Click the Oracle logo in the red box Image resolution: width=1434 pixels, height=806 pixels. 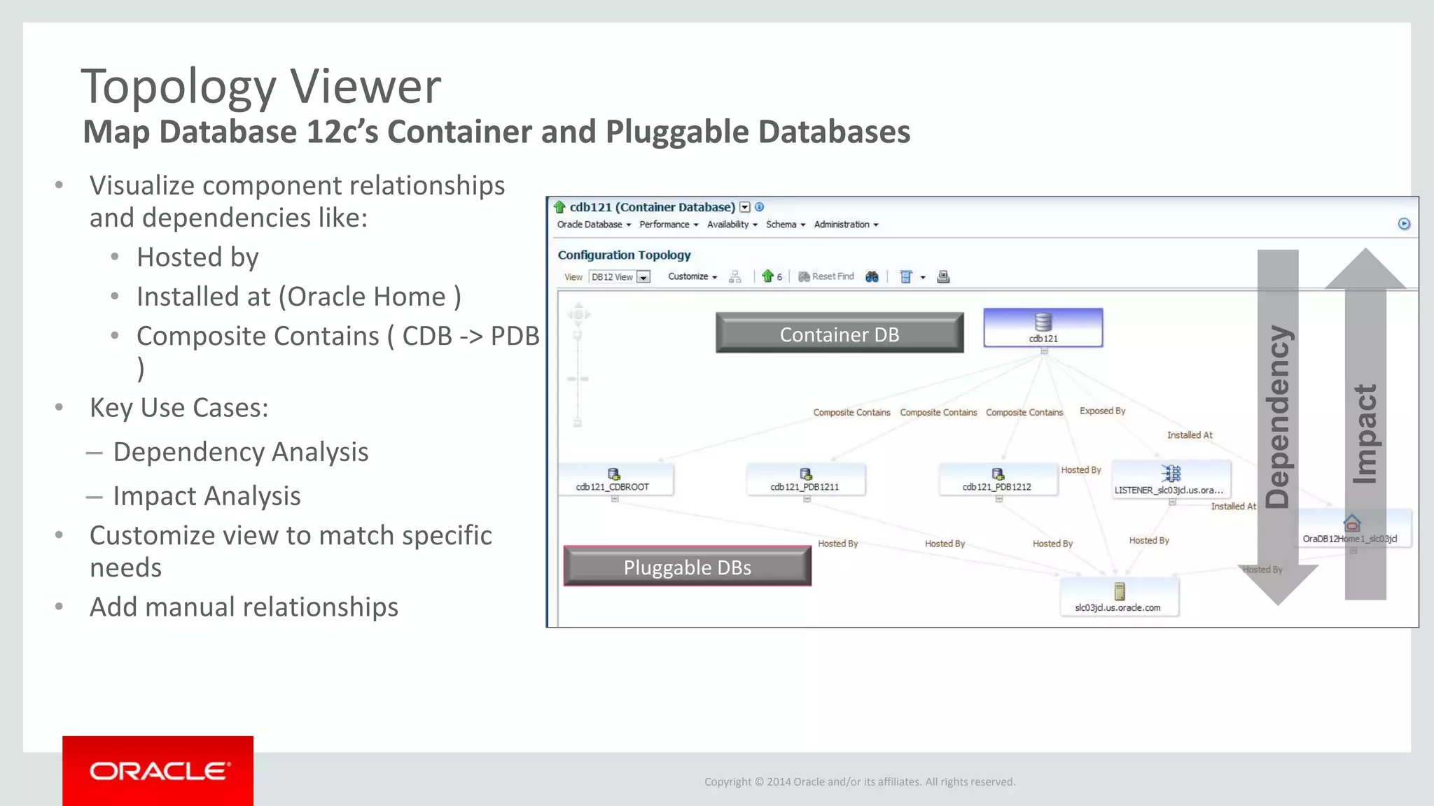(x=158, y=771)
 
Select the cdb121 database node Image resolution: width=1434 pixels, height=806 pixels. (x=1043, y=327)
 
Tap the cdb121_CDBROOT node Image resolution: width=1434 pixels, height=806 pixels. (x=613, y=479)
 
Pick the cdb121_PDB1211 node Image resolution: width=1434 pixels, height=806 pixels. (x=805, y=479)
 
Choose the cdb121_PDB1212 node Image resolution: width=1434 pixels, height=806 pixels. (x=997, y=479)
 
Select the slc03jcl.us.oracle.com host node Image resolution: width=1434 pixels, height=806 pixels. (x=1118, y=598)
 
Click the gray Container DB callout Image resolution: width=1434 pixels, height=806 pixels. (x=839, y=334)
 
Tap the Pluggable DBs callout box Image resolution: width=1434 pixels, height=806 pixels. (x=687, y=567)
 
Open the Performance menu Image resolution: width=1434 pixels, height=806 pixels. (x=668, y=225)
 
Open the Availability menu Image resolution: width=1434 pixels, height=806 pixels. (x=732, y=225)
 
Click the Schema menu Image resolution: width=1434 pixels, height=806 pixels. (x=785, y=225)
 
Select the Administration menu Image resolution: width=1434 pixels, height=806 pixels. (x=845, y=225)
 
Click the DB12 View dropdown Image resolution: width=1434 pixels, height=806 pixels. (x=620, y=277)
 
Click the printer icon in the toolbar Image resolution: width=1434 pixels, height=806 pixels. (x=943, y=277)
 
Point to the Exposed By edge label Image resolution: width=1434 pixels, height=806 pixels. (x=1102, y=411)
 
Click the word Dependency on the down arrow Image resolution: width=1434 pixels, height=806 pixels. (x=1278, y=416)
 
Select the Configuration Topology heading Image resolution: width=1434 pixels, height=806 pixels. (x=624, y=255)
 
